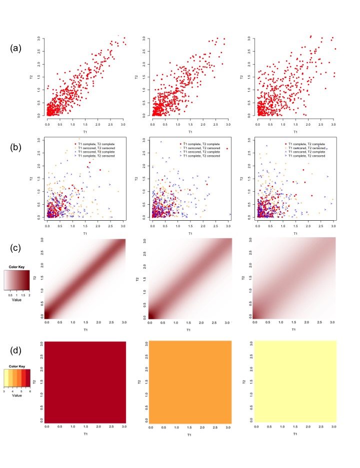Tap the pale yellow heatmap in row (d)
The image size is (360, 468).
[x=295, y=381]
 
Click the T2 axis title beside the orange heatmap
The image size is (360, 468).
[x=138, y=381]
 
